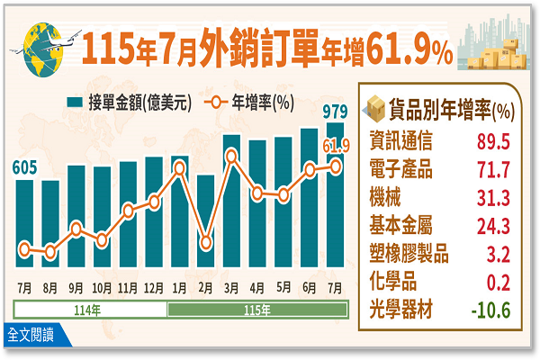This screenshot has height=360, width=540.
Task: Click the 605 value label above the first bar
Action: point(24,168)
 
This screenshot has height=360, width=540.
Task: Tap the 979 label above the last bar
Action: point(335,112)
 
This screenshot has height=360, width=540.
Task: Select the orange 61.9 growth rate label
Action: point(336,146)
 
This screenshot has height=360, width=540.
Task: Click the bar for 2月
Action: point(205,220)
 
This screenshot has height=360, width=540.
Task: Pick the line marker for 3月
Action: point(232,157)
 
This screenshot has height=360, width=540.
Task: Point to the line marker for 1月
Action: point(180,168)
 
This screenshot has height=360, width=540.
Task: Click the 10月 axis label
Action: point(102,288)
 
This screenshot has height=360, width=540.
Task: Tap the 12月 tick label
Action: point(154,288)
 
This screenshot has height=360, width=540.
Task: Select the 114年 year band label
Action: point(87,310)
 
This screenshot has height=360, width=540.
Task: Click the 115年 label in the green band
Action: point(257,310)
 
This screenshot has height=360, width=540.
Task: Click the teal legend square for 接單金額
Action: point(75,103)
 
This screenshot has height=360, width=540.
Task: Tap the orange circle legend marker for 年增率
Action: point(216,103)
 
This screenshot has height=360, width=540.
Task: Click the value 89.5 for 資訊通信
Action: point(493,141)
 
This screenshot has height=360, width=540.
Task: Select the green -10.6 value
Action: point(490,310)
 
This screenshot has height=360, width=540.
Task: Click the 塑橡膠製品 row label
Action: point(409,254)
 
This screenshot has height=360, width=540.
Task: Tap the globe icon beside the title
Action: point(43,49)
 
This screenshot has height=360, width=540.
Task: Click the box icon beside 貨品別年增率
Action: point(375,109)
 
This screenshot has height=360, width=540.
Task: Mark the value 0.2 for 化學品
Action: point(499,283)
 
